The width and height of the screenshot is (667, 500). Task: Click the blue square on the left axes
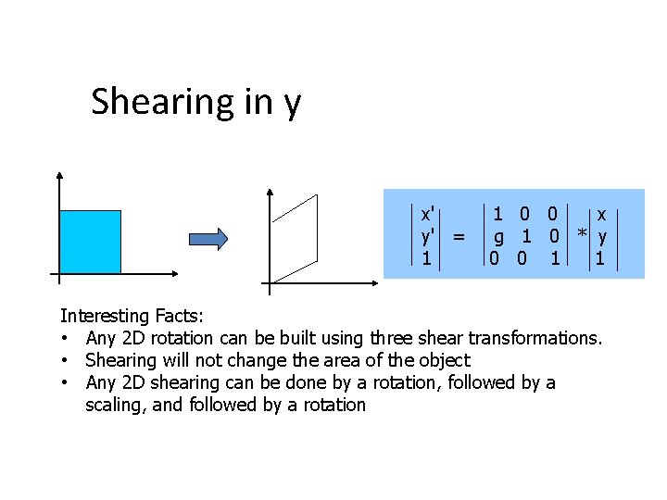[x=90, y=242]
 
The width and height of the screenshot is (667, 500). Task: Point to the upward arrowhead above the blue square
[x=58, y=176]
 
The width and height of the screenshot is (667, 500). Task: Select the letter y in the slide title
[x=292, y=105]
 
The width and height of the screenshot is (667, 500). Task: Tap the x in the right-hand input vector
[x=601, y=213]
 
